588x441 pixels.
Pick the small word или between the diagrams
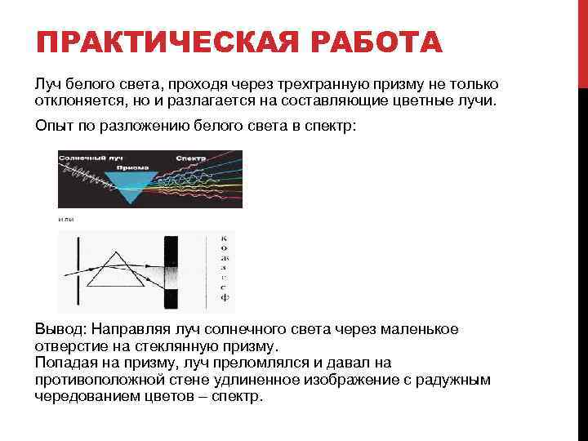pos(65,220)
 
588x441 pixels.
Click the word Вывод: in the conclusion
pos(60,329)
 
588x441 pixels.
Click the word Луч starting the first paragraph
pos(47,86)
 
